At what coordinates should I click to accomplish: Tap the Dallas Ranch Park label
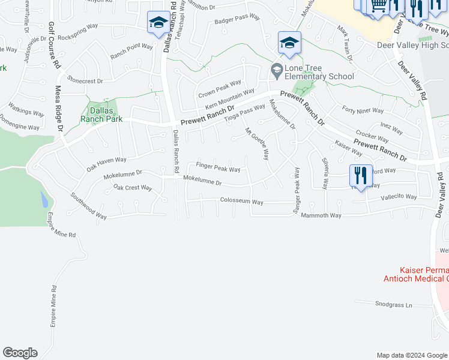pyautogui.click(x=102, y=115)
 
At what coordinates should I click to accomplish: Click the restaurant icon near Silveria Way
pyautogui.click(x=360, y=175)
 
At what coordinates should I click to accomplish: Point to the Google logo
pyautogui.click(x=20, y=353)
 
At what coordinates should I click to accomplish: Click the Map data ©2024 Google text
pyautogui.click(x=411, y=355)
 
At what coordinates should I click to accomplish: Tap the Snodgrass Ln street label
pyautogui.click(x=393, y=305)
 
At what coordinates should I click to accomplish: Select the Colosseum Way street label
pyautogui.click(x=241, y=202)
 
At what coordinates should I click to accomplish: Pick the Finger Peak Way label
pyautogui.click(x=218, y=167)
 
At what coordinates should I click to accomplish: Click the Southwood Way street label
pyautogui.click(x=88, y=205)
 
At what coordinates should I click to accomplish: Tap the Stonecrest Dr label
pyautogui.click(x=85, y=80)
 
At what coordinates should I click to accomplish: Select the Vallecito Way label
pyautogui.click(x=400, y=197)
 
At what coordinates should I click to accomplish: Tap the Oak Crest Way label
pyautogui.click(x=133, y=188)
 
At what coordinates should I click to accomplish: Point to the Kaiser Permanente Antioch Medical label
pyautogui.click(x=416, y=274)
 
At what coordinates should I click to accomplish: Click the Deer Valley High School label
pyautogui.click(x=412, y=45)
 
